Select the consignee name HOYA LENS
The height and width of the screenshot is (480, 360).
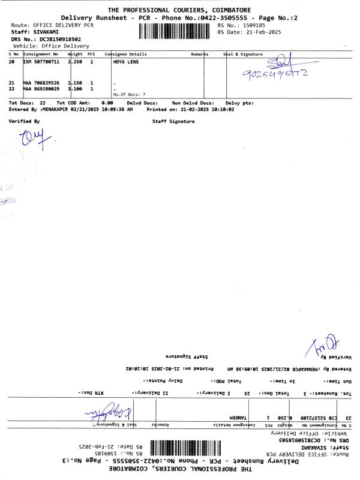pyautogui.click(x=124, y=61)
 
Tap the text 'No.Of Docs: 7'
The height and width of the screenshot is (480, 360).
pyautogui.click(x=129, y=94)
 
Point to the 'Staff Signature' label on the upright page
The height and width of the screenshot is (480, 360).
pyautogui.click(x=174, y=122)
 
